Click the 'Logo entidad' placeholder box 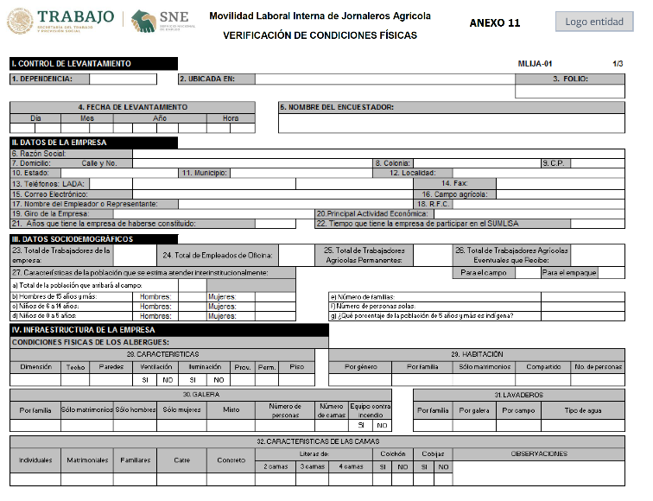point(594,22)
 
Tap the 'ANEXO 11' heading point(494,23)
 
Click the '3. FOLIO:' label point(570,79)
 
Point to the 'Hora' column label point(230,117)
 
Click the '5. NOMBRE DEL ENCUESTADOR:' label point(336,107)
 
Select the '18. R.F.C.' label point(431,203)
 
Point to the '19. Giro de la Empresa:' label point(50,213)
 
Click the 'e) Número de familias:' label point(362,296)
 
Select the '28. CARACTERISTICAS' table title point(162,354)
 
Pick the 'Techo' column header point(75,367)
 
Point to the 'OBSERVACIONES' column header point(539,454)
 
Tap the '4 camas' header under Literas point(351,466)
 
